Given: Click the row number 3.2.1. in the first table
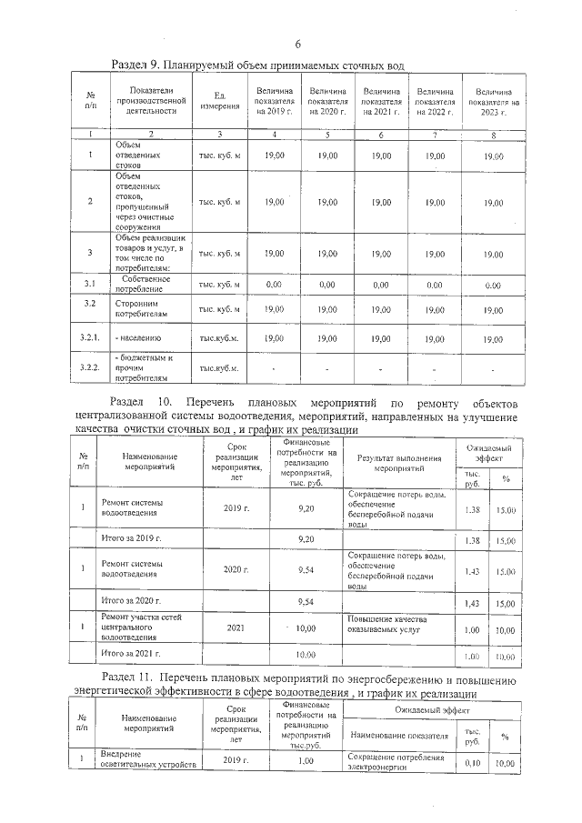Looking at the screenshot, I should (90, 338).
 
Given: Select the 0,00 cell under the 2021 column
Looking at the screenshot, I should (381, 285).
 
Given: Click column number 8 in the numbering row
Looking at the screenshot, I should (493, 135).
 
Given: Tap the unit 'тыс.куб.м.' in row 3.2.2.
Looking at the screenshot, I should (219, 368).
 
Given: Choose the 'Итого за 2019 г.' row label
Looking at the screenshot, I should (131, 539).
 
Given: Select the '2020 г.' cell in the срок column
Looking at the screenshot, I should (236, 570).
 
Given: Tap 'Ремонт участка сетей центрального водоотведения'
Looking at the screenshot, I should (137, 627).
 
